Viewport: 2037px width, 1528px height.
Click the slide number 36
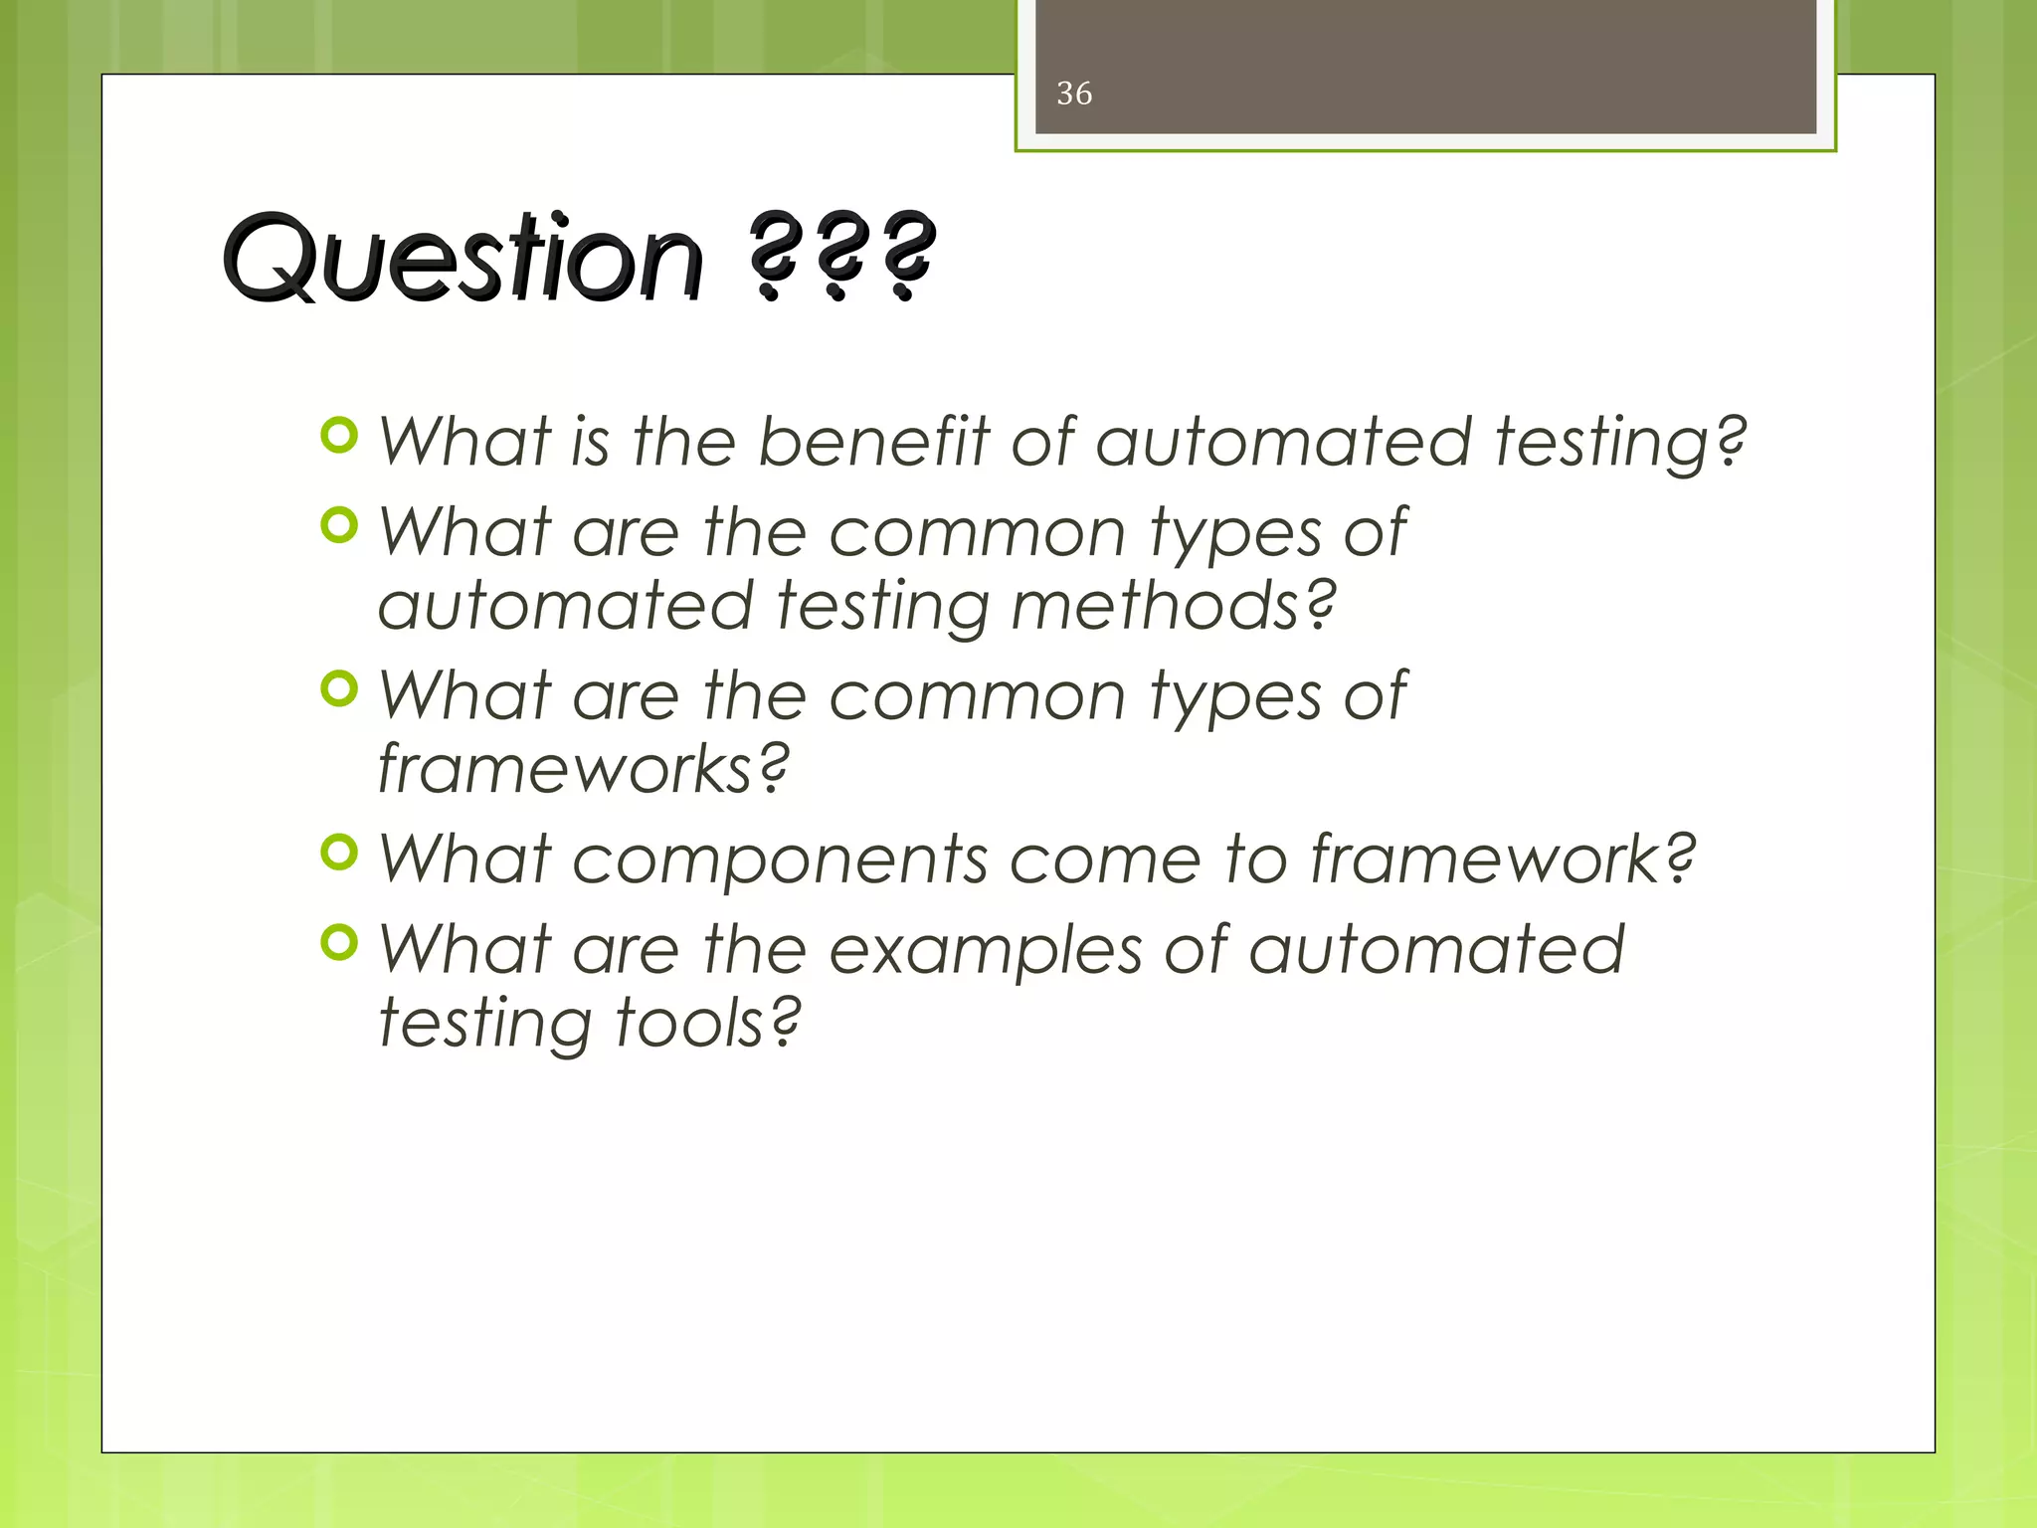[x=1074, y=94]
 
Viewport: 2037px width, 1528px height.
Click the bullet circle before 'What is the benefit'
[x=340, y=436]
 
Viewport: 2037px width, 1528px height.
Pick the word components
[x=780, y=859]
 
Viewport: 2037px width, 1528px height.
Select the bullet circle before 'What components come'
[x=340, y=853]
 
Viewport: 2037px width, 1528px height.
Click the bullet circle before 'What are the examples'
[x=340, y=942]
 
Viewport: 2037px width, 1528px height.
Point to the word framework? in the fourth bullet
[x=1502, y=859]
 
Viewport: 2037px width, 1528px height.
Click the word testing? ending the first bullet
[x=1621, y=443]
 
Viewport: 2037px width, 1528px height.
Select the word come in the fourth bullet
[x=1105, y=860]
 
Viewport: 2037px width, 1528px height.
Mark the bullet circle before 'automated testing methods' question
[x=340, y=524]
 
